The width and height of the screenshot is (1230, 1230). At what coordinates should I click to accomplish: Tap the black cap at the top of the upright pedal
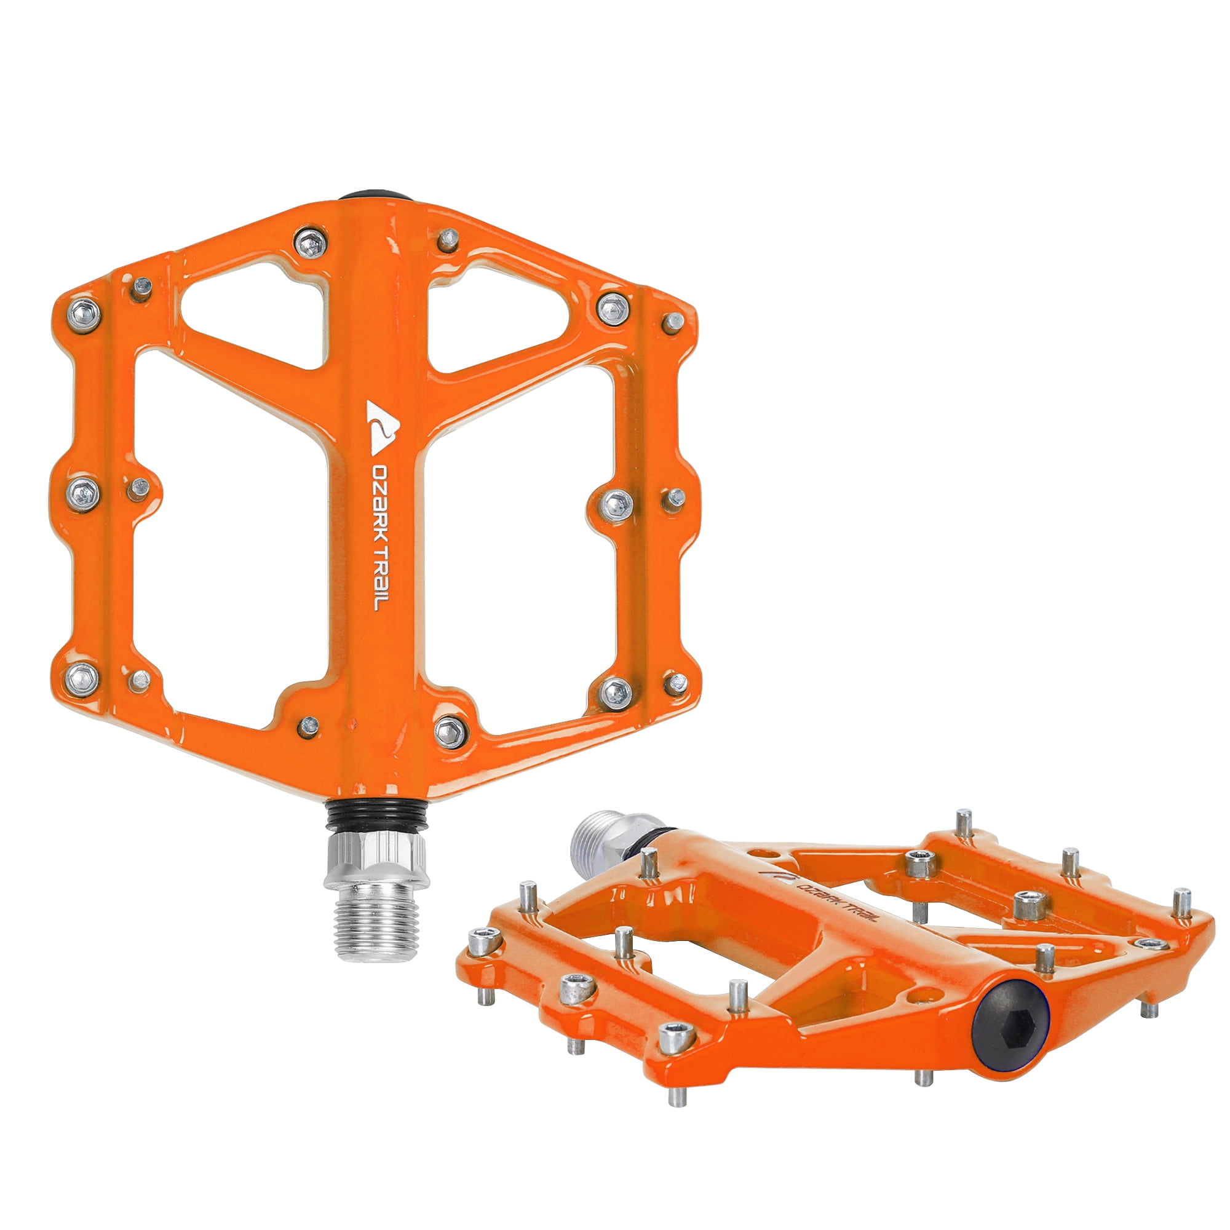[x=373, y=196]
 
